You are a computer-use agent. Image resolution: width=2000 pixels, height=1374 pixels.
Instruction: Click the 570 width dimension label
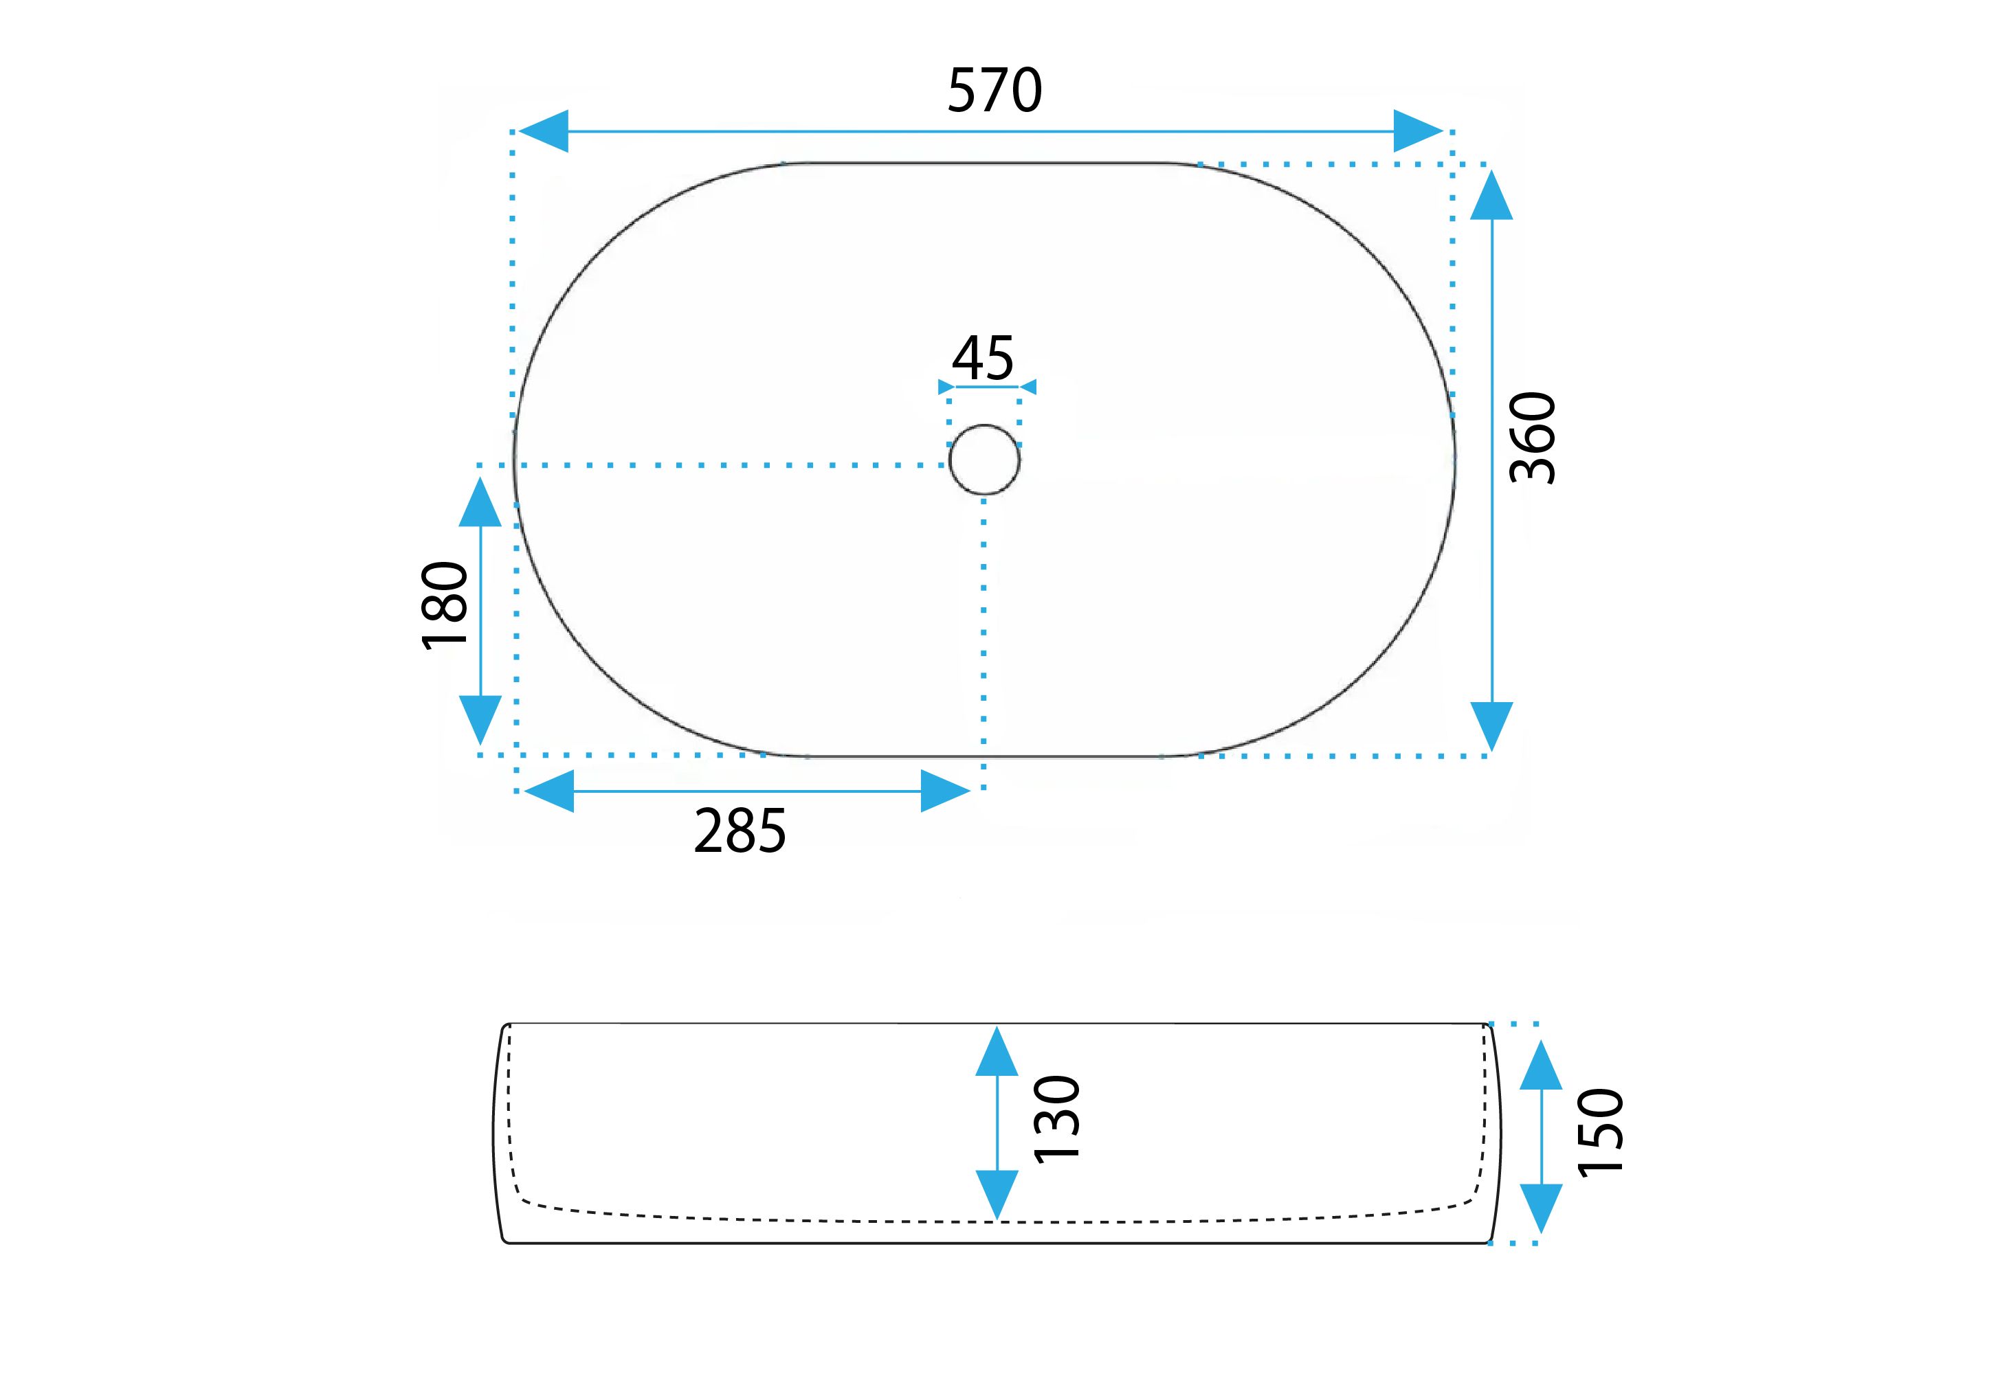(995, 91)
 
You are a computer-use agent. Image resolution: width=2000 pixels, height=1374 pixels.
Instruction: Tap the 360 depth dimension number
(1534, 438)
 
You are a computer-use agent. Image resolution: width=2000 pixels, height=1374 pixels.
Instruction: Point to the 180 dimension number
(445, 605)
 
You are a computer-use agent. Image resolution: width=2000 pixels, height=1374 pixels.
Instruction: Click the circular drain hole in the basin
(984, 460)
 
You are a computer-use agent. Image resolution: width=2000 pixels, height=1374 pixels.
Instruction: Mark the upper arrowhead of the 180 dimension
(480, 502)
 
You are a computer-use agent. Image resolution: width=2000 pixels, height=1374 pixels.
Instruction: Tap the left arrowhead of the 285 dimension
(548, 790)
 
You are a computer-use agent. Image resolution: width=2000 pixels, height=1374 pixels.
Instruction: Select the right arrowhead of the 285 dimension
(946, 790)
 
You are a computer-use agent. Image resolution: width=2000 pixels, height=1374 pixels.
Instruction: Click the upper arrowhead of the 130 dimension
(997, 1051)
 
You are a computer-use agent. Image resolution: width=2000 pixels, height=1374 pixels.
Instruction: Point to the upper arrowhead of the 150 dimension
(1541, 1065)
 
